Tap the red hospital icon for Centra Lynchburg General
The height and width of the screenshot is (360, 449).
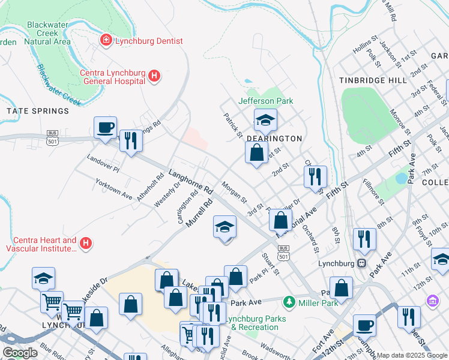[154, 76]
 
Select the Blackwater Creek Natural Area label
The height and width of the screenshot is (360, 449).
[49, 33]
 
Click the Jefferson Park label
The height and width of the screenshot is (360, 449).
[266, 101]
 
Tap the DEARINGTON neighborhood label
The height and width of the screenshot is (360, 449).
[274, 139]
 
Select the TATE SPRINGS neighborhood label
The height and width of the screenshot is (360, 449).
[38, 111]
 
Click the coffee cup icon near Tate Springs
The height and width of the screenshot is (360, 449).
[106, 128]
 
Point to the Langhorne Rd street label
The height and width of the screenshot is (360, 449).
[191, 181]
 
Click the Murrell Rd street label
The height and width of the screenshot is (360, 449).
[200, 213]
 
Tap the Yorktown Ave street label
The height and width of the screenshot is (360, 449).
[114, 188]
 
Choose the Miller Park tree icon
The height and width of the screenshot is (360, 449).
[289, 301]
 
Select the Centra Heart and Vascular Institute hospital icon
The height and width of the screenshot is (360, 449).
[86, 244]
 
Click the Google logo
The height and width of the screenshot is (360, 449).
[20, 353]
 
